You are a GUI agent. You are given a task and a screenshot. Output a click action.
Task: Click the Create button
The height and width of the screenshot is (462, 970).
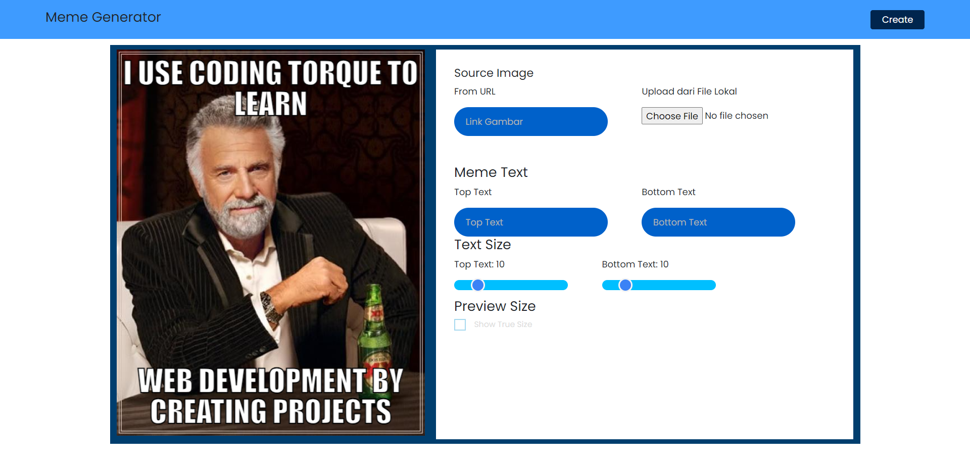[897, 20]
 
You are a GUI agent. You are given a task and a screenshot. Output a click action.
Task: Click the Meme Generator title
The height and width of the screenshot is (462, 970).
[103, 17]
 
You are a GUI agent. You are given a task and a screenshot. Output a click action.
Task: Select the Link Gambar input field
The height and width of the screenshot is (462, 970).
[530, 121]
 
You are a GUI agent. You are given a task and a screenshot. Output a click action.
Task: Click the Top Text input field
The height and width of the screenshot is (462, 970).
[530, 222]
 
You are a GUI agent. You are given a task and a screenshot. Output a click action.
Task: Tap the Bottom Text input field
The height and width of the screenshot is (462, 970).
[718, 222]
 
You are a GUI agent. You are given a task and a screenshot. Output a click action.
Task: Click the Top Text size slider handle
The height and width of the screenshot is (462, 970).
[478, 285]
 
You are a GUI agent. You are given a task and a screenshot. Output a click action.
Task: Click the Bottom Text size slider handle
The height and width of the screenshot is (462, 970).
[625, 285]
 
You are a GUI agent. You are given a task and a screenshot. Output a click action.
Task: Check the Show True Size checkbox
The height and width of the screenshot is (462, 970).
[460, 325]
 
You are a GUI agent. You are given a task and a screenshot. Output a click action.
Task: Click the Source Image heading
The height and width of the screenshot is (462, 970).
[494, 73]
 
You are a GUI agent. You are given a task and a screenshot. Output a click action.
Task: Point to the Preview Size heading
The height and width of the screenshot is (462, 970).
[495, 306]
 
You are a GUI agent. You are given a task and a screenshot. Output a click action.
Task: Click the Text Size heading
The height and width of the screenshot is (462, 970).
[482, 245]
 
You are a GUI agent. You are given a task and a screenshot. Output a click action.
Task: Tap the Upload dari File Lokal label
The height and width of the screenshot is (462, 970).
[689, 91]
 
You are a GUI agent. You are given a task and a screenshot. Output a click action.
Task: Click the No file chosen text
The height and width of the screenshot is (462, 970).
[737, 116]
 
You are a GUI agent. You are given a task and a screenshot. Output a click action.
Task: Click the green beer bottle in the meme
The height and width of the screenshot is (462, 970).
[374, 329]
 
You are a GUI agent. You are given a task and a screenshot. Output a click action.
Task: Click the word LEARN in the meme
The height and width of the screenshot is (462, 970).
[271, 104]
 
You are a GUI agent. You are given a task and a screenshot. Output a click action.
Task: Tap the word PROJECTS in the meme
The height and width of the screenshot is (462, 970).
[332, 411]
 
